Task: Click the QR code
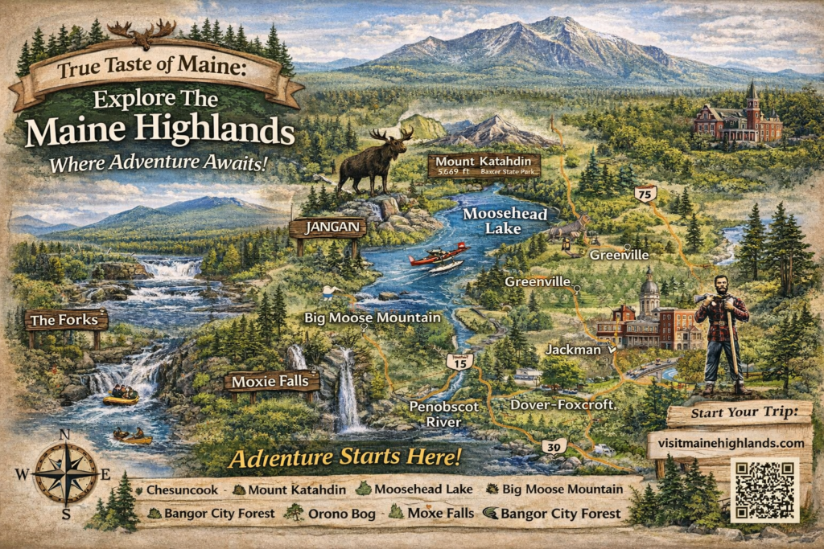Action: (764, 490)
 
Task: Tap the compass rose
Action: (65, 473)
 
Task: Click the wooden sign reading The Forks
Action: (67, 320)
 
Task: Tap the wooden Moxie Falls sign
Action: (271, 381)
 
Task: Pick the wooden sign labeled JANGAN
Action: (328, 227)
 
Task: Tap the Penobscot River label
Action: (443, 414)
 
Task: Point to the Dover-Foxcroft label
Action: (562, 405)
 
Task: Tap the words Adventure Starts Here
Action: (345, 458)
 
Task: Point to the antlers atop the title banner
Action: (142, 31)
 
